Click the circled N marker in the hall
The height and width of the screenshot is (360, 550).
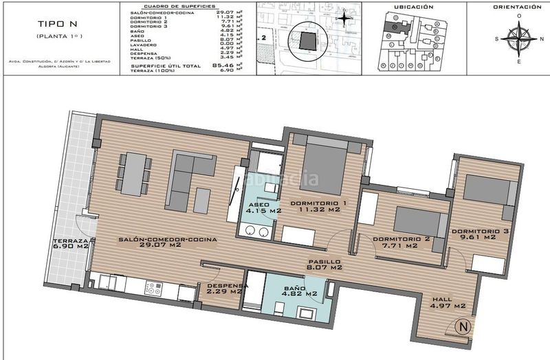click(x=465, y=328)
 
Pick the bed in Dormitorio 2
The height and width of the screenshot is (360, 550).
click(x=420, y=223)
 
